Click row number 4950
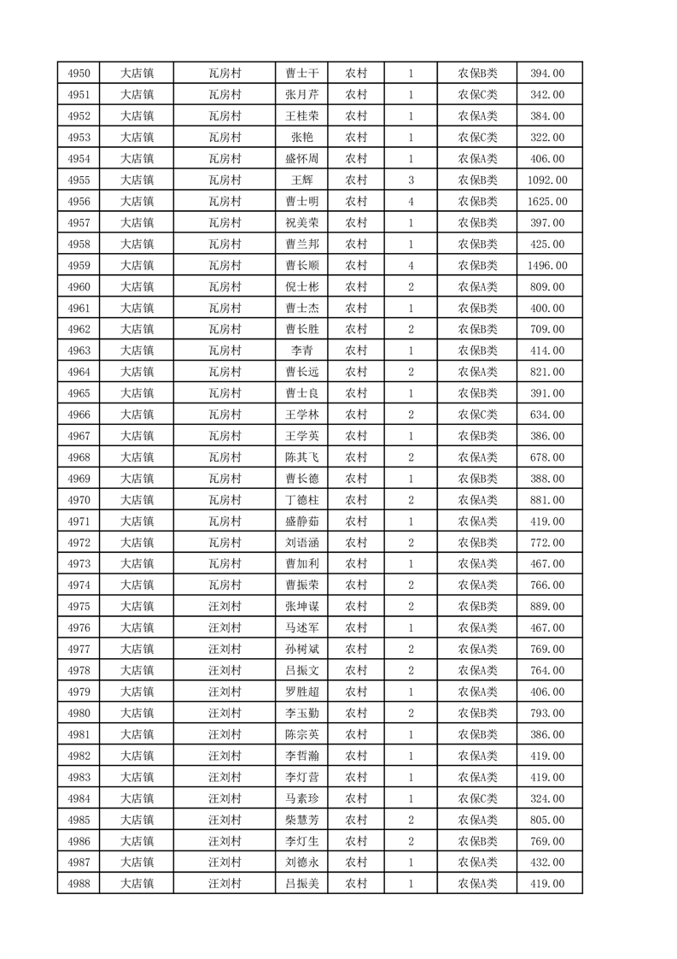[79, 74]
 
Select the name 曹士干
[302, 74]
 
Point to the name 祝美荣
[302, 223]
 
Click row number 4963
[79, 350]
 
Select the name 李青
[302, 350]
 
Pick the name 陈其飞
[302, 457]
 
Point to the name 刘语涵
[302, 543]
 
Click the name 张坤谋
[302, 607]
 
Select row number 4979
[79, 691]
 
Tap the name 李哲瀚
[302, 756]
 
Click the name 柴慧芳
[302, 820]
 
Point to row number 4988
[79, 884]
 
